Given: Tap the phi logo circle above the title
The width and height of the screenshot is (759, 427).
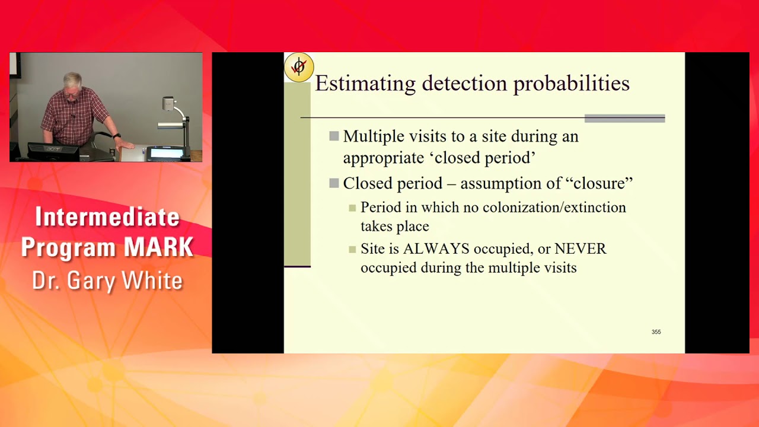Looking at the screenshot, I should [x=298, y=67].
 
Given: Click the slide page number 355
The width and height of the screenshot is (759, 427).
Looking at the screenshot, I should [x=656, y=332].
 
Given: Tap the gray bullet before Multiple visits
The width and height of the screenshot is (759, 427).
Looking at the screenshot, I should [x=334, y=136].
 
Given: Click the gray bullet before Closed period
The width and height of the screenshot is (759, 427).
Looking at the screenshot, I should [x=334, y=183].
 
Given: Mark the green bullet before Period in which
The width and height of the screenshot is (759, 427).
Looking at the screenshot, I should [x=352, y=208].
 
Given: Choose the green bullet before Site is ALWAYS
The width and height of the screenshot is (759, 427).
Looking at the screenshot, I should [x=352, y=250].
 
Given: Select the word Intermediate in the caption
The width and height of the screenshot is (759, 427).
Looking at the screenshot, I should [x=107, y=217].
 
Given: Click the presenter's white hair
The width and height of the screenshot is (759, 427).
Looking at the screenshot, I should [x=73, y=79].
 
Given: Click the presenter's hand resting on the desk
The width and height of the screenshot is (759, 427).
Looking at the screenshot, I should [x=126, y=144].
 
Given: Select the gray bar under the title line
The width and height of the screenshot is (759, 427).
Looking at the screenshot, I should [x=624, y=119].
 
